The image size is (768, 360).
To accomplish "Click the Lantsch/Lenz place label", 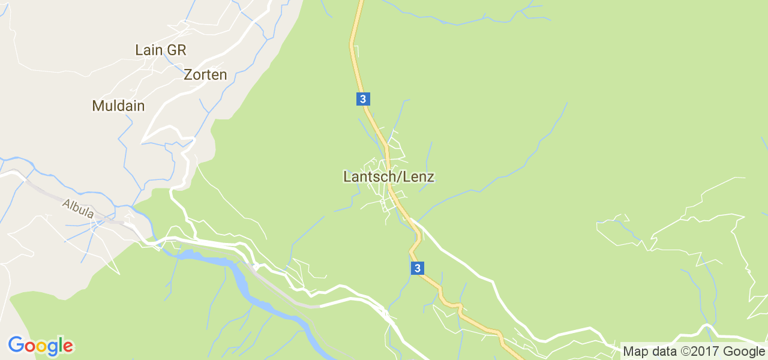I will [x=388, y=177].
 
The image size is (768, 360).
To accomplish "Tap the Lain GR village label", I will [x=161, y=50].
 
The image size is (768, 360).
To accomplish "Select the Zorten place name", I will [x=205, y=75].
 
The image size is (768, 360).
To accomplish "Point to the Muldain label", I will [x=118, y=106].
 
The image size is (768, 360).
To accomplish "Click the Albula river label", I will [x=78, y=208].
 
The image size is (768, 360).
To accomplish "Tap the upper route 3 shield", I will [x=362, y=99].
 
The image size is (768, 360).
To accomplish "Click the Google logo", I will [x=40, y=346].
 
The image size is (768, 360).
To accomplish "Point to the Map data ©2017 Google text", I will [x=694, y=352].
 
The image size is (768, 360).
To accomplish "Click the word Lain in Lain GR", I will [x=149, y=50].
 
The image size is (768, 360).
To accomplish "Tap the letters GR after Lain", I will [x=176, y=50].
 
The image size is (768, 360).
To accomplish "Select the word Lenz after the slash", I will [x=418, y=177].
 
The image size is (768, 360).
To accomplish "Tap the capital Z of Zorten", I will [x=188, y=75].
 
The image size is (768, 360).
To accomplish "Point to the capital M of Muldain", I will [x=97, y=106].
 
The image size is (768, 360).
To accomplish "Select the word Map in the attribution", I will [x=634, y=352].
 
